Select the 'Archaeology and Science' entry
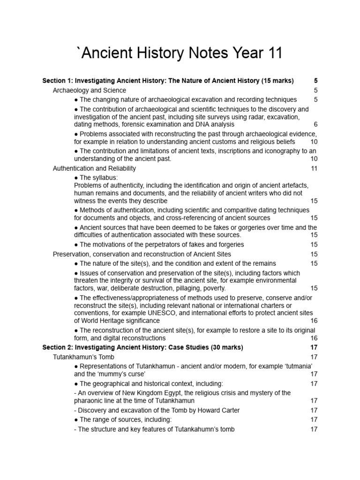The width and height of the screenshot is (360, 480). [x=89, y=90]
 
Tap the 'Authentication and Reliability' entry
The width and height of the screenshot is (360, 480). [x=94, y=168]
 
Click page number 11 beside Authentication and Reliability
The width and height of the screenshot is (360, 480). [x=314, y=168]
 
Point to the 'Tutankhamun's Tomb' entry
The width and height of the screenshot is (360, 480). [x=83, y=357]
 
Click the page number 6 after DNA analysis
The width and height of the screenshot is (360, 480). [x=315, y=124]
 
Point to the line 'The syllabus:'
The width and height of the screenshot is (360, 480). [x=98, y=178]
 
